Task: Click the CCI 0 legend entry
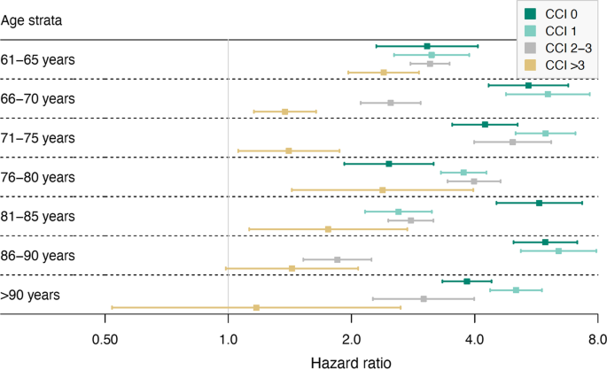(x=557, y=13)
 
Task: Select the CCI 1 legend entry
(x=557, y=30)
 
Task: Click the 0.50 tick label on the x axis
(x=105, y=339)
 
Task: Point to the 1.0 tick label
(x=229, y=339)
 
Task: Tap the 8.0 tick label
(x=596, y=339)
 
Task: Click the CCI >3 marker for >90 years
(x=256, y=307)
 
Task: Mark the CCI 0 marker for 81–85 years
(x=539, y=203)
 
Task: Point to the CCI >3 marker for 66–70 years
(x=284, y=112)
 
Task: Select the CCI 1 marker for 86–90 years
(x=558, y=251)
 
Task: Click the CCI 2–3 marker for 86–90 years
(x=337, y=259)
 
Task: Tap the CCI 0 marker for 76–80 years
(x=388, y=164)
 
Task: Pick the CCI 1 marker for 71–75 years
(x=545, y=133)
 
